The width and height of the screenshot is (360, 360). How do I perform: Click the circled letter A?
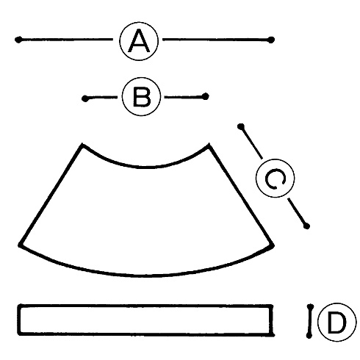(139, 41)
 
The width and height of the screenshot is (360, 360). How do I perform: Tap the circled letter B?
(141, 97)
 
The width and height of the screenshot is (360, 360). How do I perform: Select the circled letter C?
(275, 178)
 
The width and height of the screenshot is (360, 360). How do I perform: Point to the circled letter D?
(336, 323)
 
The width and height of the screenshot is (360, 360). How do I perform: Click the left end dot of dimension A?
(18, 40)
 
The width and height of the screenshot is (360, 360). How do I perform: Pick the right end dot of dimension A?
(271, 40)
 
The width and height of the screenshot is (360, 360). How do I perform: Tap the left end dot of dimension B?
(85, 98)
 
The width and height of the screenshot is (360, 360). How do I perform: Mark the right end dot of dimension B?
(206, 96)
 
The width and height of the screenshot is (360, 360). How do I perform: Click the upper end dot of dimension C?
(241, 126)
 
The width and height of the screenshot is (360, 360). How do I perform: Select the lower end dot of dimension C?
(306, 226)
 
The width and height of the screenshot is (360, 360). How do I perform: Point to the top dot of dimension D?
(310, 307)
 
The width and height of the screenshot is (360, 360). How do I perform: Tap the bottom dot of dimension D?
(309, 335)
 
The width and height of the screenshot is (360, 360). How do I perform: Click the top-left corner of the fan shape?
(82, 145)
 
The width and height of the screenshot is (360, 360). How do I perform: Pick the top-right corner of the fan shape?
(209, 145)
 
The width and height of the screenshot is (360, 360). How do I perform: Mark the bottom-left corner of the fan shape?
(20, 245)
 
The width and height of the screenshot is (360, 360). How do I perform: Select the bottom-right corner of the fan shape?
(273, 245)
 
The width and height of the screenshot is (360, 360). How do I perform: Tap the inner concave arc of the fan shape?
(145, 168)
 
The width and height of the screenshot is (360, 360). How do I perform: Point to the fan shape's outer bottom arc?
(147, 276)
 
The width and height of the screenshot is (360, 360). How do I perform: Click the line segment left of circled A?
(66, 39)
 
